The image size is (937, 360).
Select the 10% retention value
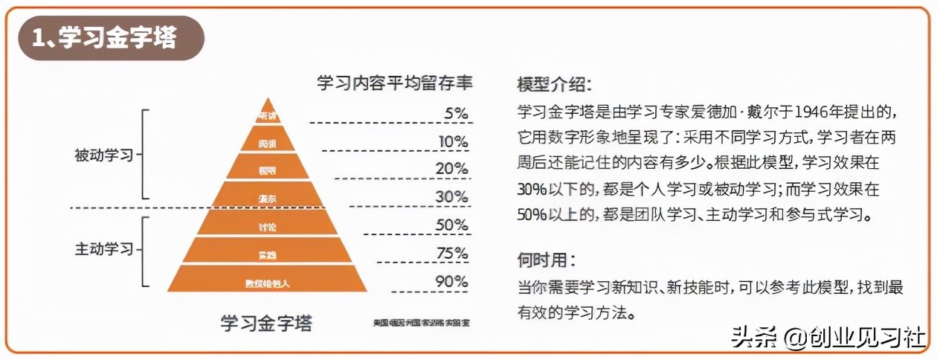453,141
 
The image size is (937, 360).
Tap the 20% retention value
451,169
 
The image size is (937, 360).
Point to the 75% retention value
451,254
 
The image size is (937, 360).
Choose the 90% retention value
451,281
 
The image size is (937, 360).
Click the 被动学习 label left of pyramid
103,155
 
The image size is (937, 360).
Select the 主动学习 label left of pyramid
103,249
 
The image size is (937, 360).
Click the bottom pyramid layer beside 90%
267,283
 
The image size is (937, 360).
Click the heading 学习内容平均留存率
395,81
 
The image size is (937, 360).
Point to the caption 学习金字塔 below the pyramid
267,324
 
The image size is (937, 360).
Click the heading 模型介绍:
555,83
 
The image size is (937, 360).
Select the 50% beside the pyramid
451,225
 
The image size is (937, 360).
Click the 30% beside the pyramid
451,197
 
